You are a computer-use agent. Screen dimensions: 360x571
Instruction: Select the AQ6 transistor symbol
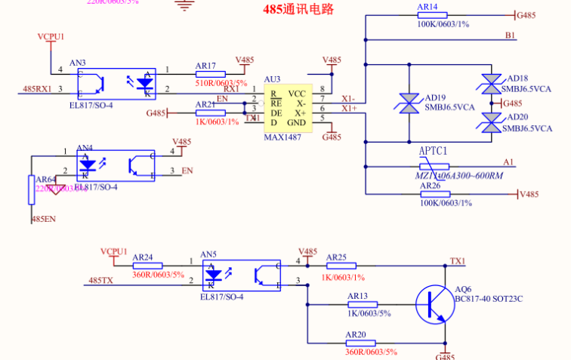434,304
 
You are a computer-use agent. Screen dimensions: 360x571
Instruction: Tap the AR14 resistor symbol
432,14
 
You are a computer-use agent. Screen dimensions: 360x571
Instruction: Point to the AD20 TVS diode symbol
492,122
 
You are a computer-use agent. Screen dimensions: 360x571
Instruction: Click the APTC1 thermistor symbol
434,166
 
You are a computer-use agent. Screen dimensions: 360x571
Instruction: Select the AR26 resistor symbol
434,194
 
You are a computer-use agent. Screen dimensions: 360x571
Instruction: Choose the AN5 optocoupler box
242,275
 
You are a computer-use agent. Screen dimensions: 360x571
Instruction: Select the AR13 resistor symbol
362,305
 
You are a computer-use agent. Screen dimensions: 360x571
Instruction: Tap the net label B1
510,35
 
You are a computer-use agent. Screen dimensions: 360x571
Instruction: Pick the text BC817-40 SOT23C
489,299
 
